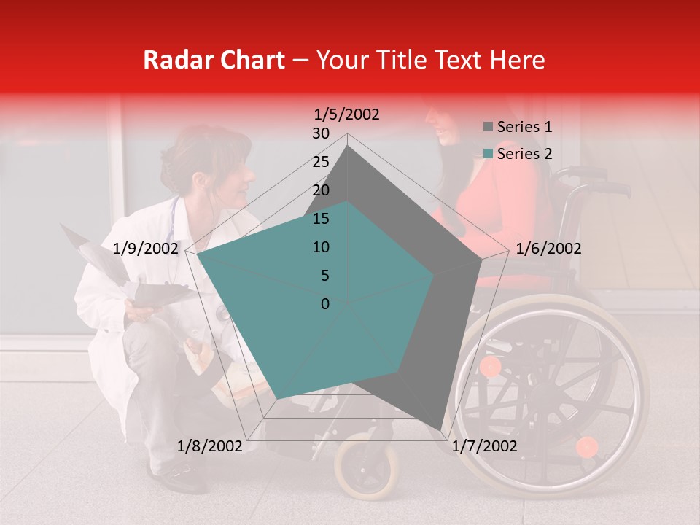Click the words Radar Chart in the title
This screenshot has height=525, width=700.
[214, 60]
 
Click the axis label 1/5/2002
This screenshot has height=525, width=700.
[347, 114]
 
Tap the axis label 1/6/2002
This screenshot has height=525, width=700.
[548, 249]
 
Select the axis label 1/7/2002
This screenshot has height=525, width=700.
[484, 446]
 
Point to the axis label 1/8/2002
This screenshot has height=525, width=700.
[210, 446]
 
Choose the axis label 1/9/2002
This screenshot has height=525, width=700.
[146, 249]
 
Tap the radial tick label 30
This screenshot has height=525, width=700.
[321, 133]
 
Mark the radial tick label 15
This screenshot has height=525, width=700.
[321, 219]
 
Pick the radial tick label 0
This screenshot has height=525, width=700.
[325, 304]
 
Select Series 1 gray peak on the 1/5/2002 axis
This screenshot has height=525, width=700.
[348, 145]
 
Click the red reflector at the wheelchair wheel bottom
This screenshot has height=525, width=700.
[586, 446]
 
